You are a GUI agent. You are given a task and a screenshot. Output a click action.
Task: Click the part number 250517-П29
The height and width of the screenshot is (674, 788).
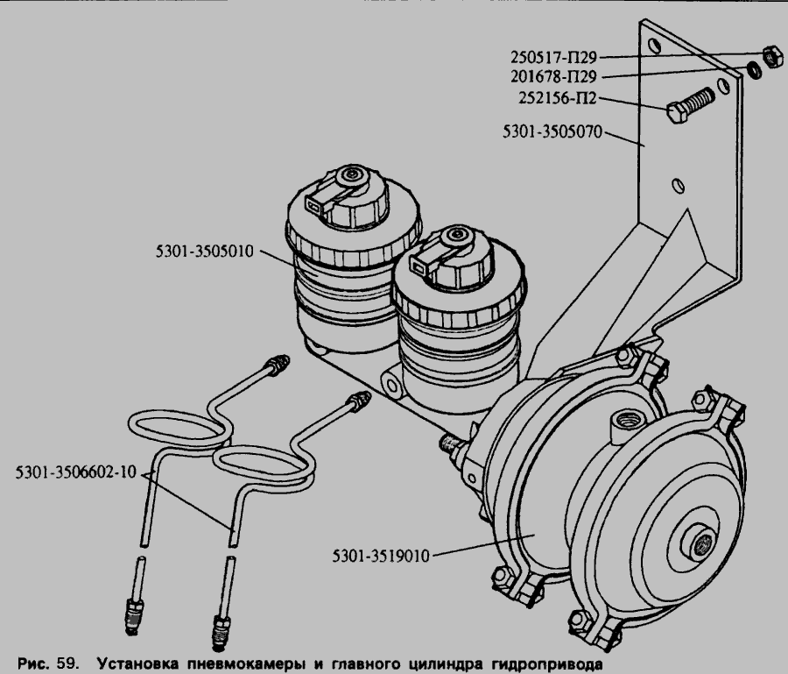(553, 57)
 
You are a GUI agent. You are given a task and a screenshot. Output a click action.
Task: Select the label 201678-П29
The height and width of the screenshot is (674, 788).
(553, 76)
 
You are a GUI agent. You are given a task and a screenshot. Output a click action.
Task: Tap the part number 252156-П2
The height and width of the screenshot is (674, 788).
(558, 97)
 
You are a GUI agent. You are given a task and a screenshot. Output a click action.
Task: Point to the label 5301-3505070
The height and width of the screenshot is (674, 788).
(552, 131)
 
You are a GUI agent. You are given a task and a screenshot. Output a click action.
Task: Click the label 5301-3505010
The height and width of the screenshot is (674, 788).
(205, 251)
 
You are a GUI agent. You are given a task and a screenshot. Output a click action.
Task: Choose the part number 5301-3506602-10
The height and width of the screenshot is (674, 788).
(76, 472)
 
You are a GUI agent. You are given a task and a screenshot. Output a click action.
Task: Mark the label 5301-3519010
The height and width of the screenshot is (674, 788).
(381, 556)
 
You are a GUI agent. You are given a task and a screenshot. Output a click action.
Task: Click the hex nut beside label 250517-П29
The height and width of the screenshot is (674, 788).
(772, 56)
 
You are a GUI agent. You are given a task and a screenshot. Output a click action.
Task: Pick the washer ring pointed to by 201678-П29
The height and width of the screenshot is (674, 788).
(754, 70)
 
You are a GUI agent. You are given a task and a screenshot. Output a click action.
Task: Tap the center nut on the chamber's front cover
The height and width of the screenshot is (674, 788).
(700, 543)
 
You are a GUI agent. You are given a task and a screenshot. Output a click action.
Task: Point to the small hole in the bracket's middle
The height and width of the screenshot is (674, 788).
(678, 185)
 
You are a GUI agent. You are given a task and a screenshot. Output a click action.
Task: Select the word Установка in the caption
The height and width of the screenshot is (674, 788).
(137, 663)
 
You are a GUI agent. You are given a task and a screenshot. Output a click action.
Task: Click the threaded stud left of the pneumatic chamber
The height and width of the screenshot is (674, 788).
(451, 443)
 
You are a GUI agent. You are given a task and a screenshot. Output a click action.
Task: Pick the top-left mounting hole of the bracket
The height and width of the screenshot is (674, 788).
(654, 46)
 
